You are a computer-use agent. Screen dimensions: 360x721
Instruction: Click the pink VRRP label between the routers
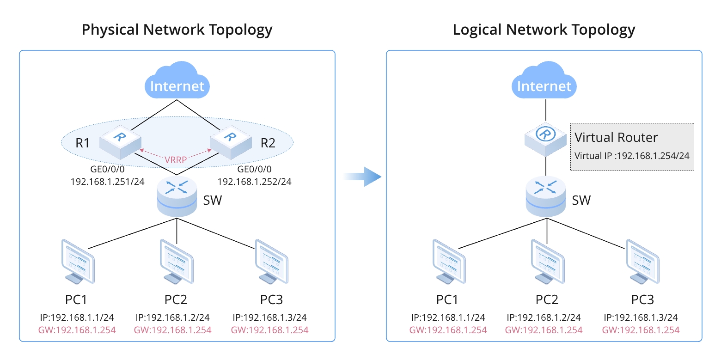176,160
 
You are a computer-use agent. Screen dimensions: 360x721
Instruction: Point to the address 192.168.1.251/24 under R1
107,182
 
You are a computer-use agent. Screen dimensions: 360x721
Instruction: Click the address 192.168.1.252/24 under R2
254,182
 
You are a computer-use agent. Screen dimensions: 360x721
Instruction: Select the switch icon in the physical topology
177,196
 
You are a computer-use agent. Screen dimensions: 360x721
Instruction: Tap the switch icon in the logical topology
546,196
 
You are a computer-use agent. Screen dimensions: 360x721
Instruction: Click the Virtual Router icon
545,139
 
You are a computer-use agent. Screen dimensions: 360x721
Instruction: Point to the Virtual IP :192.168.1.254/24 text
632,155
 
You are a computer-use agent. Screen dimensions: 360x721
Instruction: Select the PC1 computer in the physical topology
78,261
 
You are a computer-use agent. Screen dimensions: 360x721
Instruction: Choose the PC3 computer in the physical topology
272,261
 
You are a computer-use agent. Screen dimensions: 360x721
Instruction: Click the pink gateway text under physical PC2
172,330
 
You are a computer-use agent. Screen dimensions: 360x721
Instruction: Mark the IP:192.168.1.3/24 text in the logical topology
641,317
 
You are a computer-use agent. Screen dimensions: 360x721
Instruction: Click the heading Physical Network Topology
177,30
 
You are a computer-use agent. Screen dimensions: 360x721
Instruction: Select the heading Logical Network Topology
544,30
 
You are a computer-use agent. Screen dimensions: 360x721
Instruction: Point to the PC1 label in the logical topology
447,299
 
